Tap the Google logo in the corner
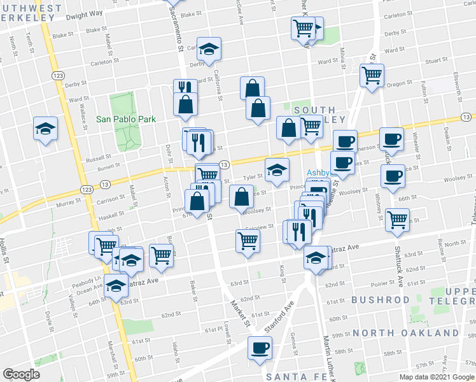pos(21,374)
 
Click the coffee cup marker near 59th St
pos(259,349)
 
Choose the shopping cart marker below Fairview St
pos(248,240)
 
